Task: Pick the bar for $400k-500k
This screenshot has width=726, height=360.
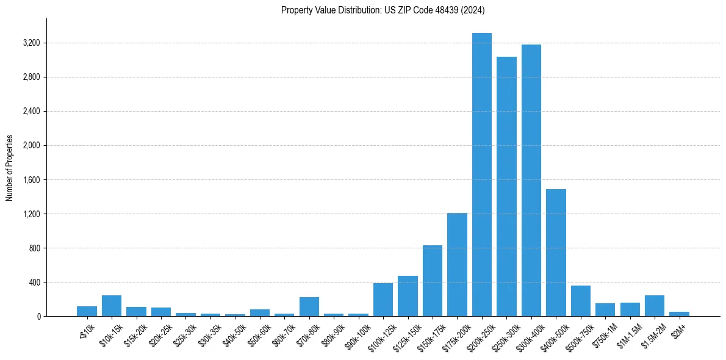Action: coord(556,253)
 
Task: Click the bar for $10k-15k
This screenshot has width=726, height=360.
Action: coord(112,306)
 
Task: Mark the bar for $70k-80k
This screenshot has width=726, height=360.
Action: coord(309,306)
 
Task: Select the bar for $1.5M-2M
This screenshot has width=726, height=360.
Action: coord(655,306)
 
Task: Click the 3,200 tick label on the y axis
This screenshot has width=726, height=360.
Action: coord(31,43)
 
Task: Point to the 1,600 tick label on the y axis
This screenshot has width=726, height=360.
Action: coord(31,180)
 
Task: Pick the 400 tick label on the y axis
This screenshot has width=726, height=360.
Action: coord(34,283)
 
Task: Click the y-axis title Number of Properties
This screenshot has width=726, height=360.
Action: coord(9,168)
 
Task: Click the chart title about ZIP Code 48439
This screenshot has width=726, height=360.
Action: coord(383,10)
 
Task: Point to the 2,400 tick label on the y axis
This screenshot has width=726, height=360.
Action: coord(31,112)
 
